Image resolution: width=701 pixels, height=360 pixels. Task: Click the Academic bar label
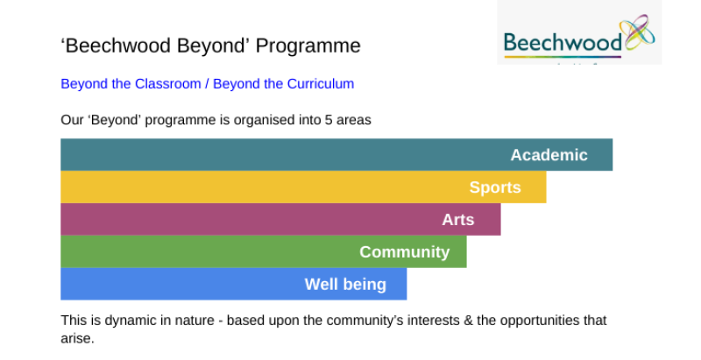pyautogui.click(x=549, y=155)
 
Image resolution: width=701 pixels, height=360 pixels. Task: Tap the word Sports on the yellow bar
pyautogui.click(x=495, y=187)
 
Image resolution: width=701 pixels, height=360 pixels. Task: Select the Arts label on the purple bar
pyautogui.click(x=457, y=220)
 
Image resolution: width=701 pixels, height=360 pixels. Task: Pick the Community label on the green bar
pyautogui.click(x=404, y=252)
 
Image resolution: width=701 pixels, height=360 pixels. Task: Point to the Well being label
pyautogui.click(x=345, y=284)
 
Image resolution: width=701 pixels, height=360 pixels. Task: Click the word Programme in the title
pyautogui.click(x=308, y=46)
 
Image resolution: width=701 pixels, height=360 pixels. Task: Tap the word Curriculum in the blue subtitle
pyautogui.click(x=321, y=83)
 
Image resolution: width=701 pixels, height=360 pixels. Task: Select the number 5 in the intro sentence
pyautogui.click(x=329, y=120)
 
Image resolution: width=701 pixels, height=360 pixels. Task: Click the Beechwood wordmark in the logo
pyautogui.click(x=563, y=43)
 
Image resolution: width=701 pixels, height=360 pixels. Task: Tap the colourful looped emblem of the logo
pyautogui.click(x=640, y=32)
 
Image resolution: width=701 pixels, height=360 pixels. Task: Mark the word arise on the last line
pyautogui.click(x=77, y=339)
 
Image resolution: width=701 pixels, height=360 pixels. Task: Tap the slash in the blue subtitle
pyautogui.click(x=207, y=83)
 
